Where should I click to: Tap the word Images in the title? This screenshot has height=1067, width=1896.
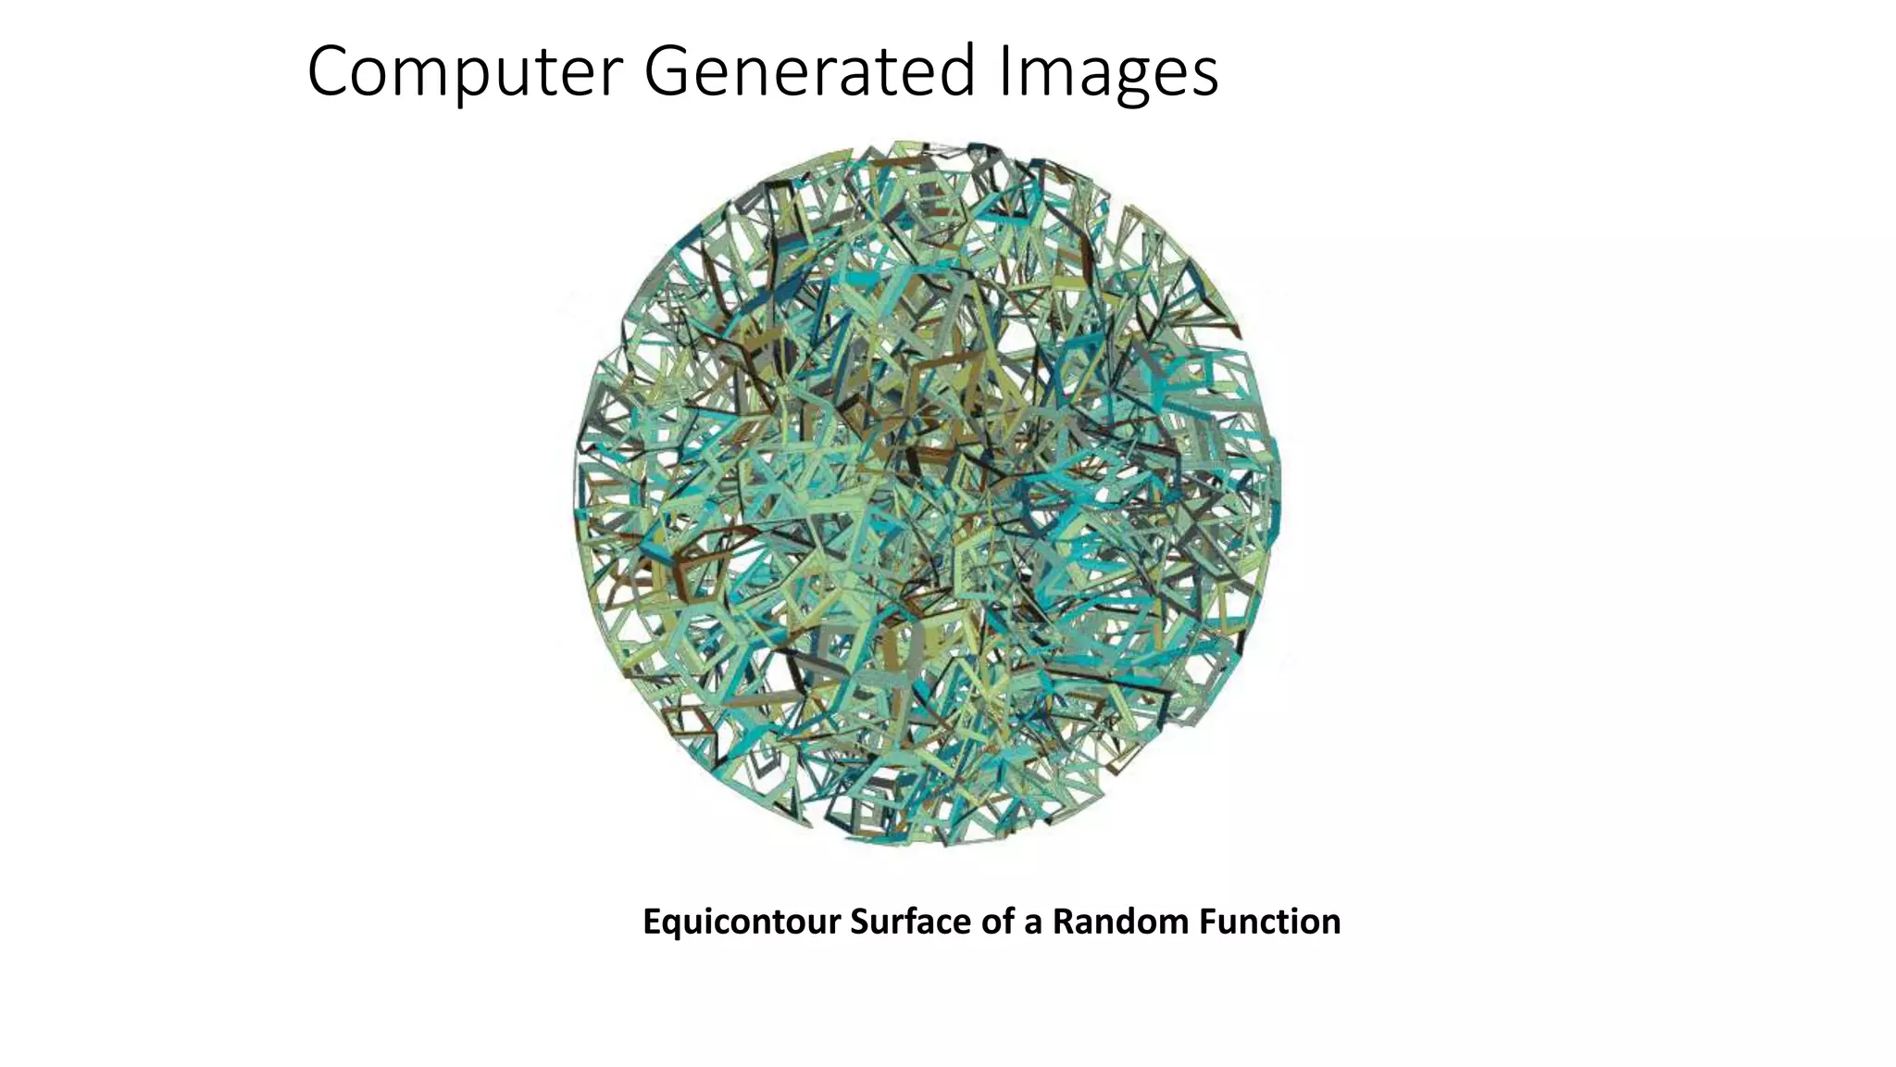click(1108, 72)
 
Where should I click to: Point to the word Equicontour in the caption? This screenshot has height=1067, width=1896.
click(741, 923)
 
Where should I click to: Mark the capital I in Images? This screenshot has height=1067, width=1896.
click(1004, 72)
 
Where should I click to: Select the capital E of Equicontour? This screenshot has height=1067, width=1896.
click(651, 923)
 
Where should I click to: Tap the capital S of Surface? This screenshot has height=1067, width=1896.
click(859, 923)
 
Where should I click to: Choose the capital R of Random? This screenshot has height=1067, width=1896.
click(1062, 923)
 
